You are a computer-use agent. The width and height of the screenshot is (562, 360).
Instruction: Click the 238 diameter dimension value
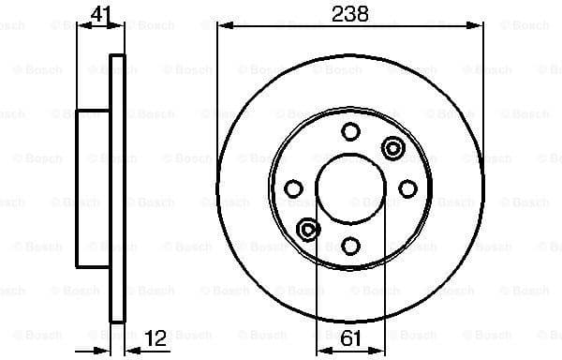tap(351, 13)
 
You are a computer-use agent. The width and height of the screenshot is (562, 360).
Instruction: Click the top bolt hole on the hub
tap(351, 132)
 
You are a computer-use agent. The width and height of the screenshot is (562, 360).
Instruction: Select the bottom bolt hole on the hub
tap(351, 246)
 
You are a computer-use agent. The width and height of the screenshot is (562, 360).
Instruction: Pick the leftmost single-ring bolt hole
tap(293, 189)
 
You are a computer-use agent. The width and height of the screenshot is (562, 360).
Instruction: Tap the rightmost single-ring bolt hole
tap(408, 189)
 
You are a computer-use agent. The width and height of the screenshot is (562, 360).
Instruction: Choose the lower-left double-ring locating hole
tap(307, 230)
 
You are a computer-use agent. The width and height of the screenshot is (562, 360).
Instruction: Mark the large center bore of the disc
tap(351, 188)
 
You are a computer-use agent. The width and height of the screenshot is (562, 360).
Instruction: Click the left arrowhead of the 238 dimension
tap(223, 27)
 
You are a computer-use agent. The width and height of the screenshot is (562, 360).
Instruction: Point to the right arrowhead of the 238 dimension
tap(479, 27)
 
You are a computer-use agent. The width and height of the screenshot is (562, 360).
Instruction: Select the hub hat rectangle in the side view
tap(94, 188)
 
